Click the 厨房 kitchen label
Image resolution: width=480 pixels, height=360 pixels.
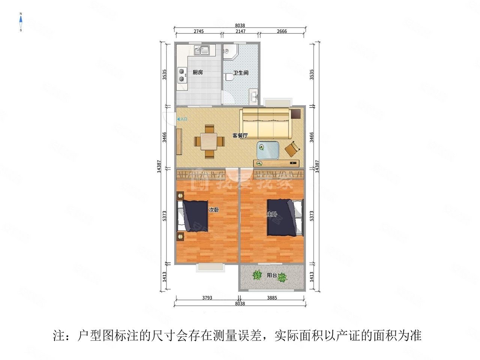198,72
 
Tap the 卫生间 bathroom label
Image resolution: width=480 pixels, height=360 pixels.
241,73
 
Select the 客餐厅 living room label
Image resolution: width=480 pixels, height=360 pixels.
240,135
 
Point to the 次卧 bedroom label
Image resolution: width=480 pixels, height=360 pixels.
214,210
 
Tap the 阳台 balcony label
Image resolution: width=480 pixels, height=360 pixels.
272,276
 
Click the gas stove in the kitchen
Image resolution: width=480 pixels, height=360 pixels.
182,75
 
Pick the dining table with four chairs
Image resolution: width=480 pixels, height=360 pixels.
210,141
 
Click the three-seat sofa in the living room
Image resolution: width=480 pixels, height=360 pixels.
265,123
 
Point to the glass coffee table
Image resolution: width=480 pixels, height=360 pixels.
268,151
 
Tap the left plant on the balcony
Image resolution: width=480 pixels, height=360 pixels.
257,276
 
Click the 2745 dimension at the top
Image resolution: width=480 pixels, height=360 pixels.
199,31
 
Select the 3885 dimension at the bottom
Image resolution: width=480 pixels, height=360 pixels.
271,298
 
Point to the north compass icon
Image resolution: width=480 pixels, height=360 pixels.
21,22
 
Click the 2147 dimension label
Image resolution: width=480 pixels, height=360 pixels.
240,31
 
